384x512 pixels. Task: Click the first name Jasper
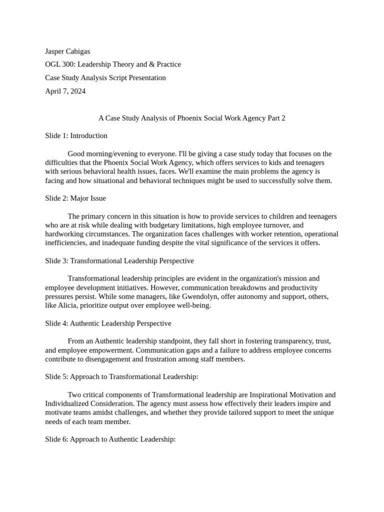[x=55, y=51]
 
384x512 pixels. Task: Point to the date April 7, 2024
[x=65, y=91]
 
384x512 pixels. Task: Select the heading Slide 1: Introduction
[x=76, y=135]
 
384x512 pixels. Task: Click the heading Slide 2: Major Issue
[x=75, y=198]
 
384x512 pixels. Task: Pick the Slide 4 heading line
[x=108, y=323]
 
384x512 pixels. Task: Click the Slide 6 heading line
[x=110, y=439]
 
